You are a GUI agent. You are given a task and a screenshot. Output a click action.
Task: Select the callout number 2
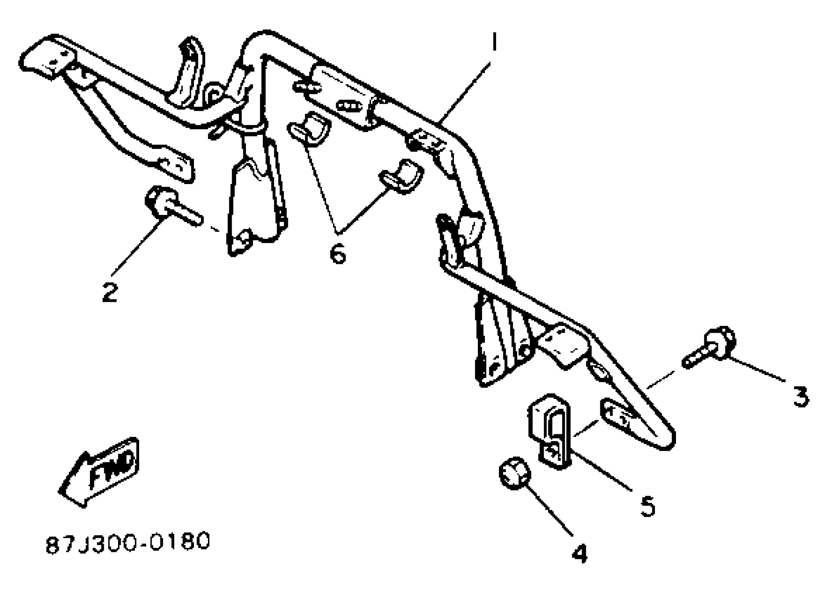[x=110, y=293]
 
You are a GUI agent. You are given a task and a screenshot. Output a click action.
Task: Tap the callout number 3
[x=801, y=397]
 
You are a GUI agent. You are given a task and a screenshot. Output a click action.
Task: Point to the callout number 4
[x=580, y=553]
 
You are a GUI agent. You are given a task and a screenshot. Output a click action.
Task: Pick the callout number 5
[x=648, y=506]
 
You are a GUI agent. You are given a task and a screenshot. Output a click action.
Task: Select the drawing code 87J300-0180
[x=128, y=542]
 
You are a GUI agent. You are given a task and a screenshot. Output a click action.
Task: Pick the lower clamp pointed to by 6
[x=402, y=176]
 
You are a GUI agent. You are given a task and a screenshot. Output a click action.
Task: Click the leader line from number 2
[x=140, y=246]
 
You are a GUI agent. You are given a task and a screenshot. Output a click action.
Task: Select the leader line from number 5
[x=602, y=471]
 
